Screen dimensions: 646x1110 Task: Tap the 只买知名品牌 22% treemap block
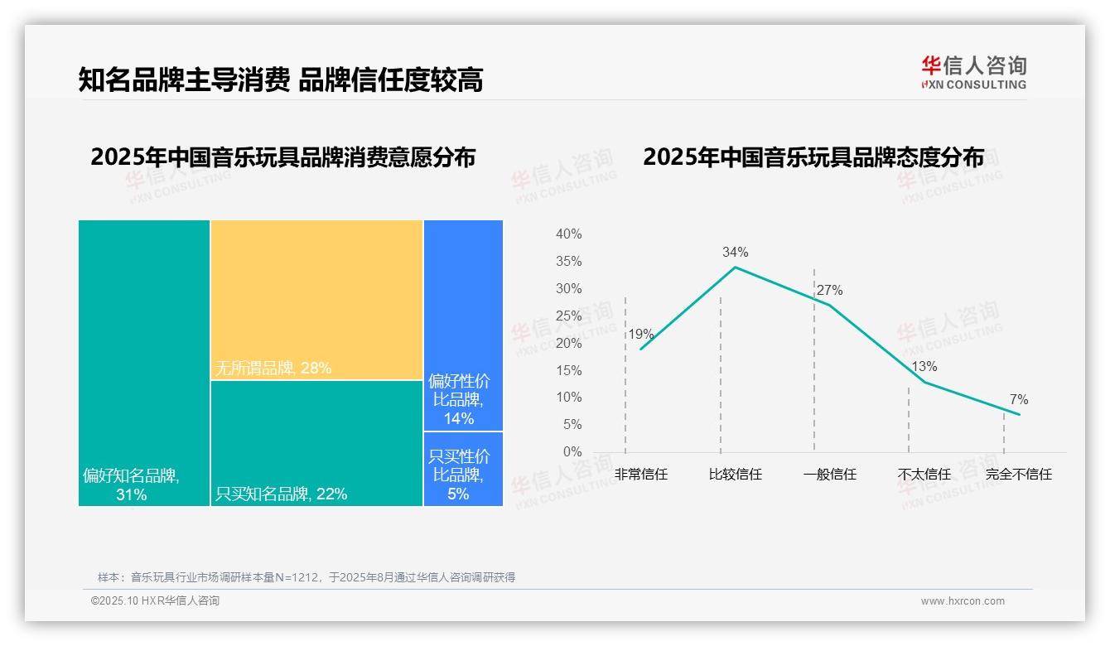316,443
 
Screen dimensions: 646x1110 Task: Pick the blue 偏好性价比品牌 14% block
463,325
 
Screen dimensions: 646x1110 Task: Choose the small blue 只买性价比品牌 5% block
463,469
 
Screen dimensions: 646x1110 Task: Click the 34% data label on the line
735,252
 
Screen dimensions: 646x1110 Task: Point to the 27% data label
829,291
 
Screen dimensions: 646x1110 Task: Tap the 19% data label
640,335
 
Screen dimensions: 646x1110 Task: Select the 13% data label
924,367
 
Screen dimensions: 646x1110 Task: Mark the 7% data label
1019,400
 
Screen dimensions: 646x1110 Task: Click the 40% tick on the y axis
568,234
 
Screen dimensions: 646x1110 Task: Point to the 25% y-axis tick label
568,316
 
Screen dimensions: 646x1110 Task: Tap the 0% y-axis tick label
572,452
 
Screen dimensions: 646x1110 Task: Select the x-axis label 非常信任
641,475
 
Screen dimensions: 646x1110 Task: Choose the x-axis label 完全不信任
1018,475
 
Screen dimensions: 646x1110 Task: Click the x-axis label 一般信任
829,475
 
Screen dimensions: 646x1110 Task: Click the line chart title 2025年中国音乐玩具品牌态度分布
813,157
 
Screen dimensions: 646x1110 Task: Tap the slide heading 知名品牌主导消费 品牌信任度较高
280,80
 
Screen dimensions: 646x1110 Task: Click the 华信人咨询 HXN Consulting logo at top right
973,72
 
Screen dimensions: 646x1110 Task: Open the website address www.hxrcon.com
963,601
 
